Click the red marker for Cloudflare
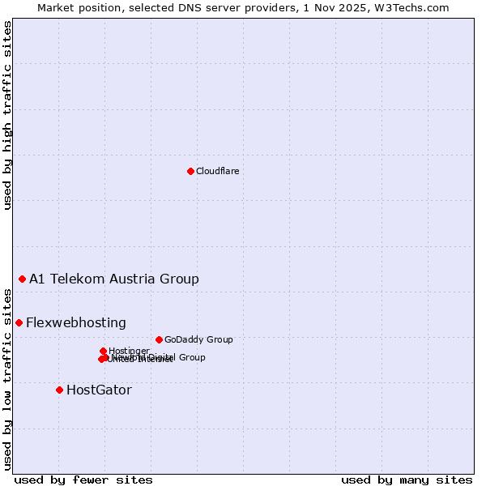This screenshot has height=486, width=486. click(x=190, y=171)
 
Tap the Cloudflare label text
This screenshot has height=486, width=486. click(x=217, y=171)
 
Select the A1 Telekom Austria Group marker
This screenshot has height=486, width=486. click(x=22, y=279)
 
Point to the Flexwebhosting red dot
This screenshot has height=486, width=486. click(x=19, y=322)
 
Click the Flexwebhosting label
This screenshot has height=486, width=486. click(x=76, y=323)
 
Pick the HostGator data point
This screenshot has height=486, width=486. click(x=59, y=390)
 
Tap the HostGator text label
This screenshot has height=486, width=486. click(x=99, y=390)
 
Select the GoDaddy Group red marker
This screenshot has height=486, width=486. click(x=159, y=339)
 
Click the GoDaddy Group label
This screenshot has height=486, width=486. click(x=198, y=339)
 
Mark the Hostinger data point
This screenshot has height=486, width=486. click(x=103, y=351)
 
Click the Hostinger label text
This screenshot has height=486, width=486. click(x=129, y=351)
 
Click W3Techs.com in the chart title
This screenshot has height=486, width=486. click(x=416, y=7)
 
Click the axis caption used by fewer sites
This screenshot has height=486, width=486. click(x=83, y=480)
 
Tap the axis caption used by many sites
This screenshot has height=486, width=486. click(x=407, y=480)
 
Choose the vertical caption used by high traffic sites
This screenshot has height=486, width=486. click(x=7, y=115)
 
